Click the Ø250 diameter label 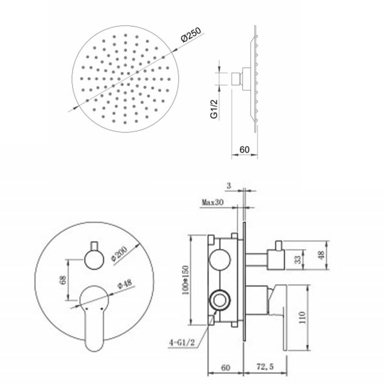(x=191, y=35)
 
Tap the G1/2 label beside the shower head (x=214, y=109)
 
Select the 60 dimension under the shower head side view (x=244, y=149)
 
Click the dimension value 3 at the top (x=229, y=186)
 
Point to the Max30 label (x=212, y=202)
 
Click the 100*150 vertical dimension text (x=186, y=280)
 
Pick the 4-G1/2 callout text (x=182, y=342)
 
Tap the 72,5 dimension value (x=265, y=367)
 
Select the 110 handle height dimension (x=303, y=317)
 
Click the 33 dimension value (x=297, y=259)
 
